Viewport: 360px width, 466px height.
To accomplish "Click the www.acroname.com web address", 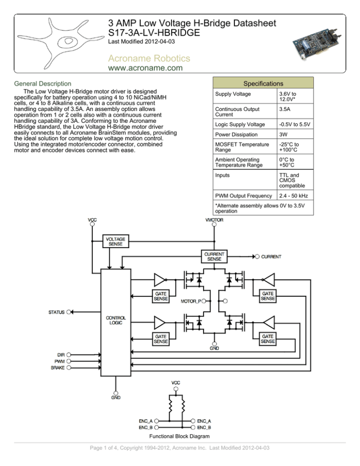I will (x=145, y=69).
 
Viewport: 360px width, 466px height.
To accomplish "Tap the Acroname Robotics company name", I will (x=149, y=58).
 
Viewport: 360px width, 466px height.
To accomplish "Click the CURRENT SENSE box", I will (x=214, y=256).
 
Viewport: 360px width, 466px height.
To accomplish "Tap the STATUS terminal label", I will (x=57, y=311).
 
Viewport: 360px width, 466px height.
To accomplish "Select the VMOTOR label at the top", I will (x=214, y=220).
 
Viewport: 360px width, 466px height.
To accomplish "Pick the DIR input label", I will (x=60, y=355).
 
